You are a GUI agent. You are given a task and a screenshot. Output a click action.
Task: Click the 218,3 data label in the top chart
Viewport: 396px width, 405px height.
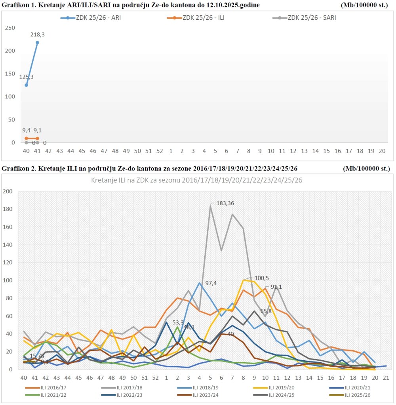coord(38,35)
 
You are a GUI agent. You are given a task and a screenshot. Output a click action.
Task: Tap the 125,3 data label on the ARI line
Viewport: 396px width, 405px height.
coord(27,77)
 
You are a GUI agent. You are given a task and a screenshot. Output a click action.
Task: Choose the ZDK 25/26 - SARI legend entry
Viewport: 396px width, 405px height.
coord(305,18)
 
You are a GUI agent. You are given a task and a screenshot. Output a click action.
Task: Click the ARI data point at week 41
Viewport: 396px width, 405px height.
coord(38,42)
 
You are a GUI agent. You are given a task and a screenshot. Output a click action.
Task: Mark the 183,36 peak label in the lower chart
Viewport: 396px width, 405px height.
coord(225,203)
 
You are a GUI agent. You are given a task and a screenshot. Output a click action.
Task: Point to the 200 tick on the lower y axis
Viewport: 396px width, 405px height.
coord(8,191)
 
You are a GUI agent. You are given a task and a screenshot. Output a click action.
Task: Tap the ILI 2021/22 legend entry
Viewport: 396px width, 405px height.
coord(47,395)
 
